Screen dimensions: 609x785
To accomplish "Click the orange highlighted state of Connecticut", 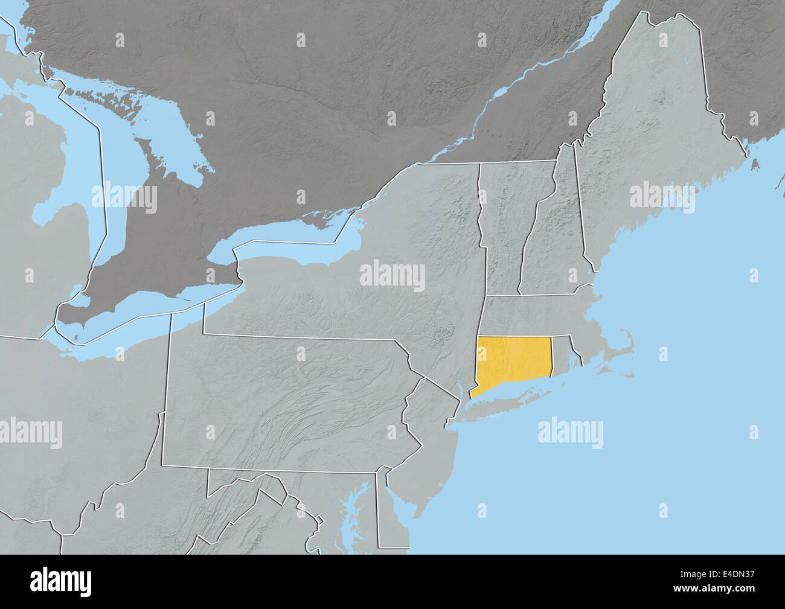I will (x=513, y=362).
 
